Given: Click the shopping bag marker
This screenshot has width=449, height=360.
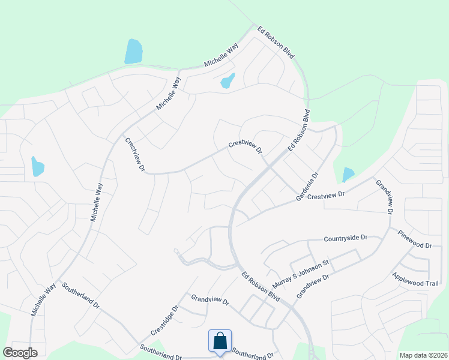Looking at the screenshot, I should click(220, 341).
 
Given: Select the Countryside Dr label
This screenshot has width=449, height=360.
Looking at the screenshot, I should click(345, 238).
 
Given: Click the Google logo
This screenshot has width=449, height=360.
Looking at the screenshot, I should click(20, 352).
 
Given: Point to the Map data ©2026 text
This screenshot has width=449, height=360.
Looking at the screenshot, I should click(423, 355).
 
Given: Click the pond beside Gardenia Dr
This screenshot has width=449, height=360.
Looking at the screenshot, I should click(348, 175).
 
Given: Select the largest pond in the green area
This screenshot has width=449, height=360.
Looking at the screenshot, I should click(133, 52).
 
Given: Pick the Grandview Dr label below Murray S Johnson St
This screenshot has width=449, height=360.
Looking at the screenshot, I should click(313, 287).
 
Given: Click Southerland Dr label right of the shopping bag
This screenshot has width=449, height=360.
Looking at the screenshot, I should click(253, 355).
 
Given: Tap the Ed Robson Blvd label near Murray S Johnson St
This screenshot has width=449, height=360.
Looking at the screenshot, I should click(261, 287).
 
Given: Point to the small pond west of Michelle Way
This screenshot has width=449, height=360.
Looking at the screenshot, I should click(37, 166).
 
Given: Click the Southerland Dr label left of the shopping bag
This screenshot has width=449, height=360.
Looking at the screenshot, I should click(161, 352).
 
